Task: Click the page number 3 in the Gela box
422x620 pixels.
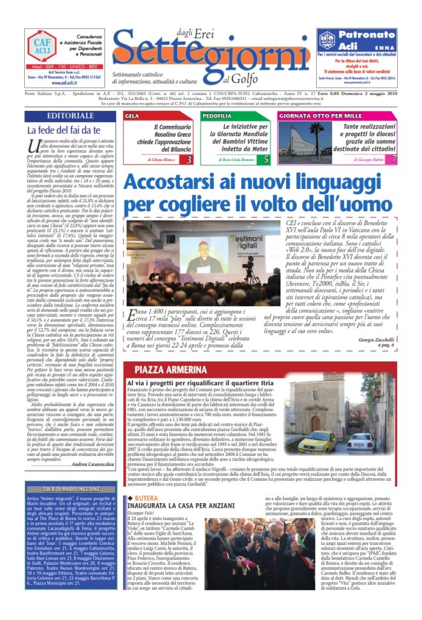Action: point(189,159)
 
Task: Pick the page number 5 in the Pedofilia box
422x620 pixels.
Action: point(267,159)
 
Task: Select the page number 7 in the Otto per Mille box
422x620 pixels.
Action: point(394,159)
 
